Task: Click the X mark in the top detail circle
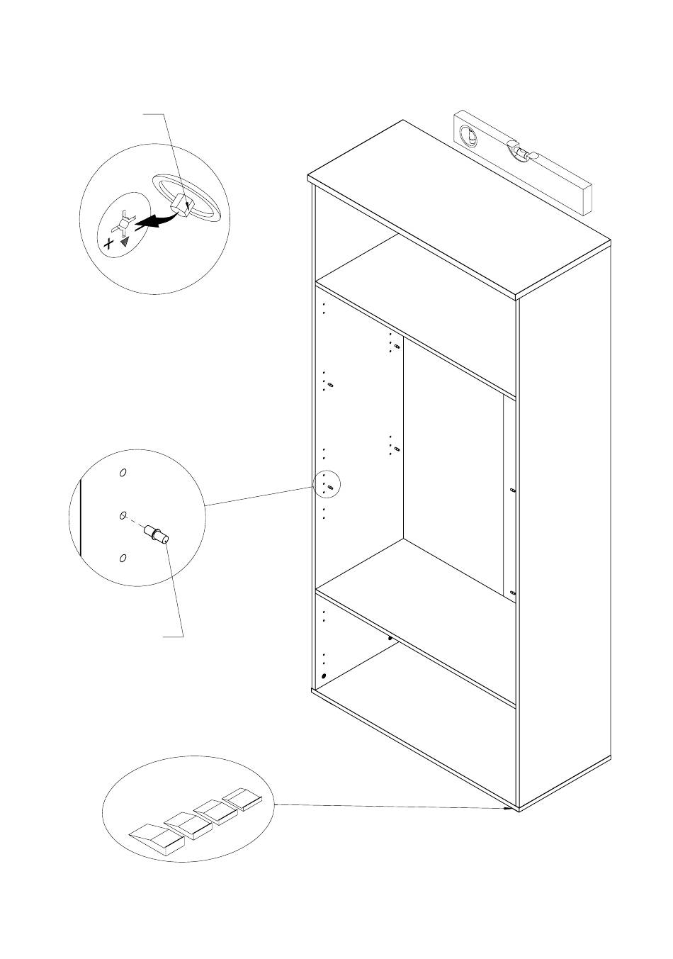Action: pyautogui.click(x=108, y=244)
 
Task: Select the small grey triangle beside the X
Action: pyautogui.click(x=125, y=241)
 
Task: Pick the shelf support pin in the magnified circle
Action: pyautogui.click(x=156, y=533)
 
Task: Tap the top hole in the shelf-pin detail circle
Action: pyautogui.click(x=122, y=473)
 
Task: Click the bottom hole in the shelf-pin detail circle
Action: pyautogui.click(x=122, y=559)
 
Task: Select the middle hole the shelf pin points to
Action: pyautogui.click(x=122, y=516)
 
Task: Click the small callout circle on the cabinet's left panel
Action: pyautogui.click(x=327, y=486)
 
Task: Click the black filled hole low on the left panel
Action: pyautogui.click(x=324, y=676)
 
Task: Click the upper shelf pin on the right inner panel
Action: pyautogui.click(x=512, y=490)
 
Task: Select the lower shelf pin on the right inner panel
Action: pyautogui.click(x=512, y=593)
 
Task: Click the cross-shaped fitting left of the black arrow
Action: pyautogui.click(x=124, y=223)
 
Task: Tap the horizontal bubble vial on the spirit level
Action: pyautogui.click(x=523, y=152)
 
